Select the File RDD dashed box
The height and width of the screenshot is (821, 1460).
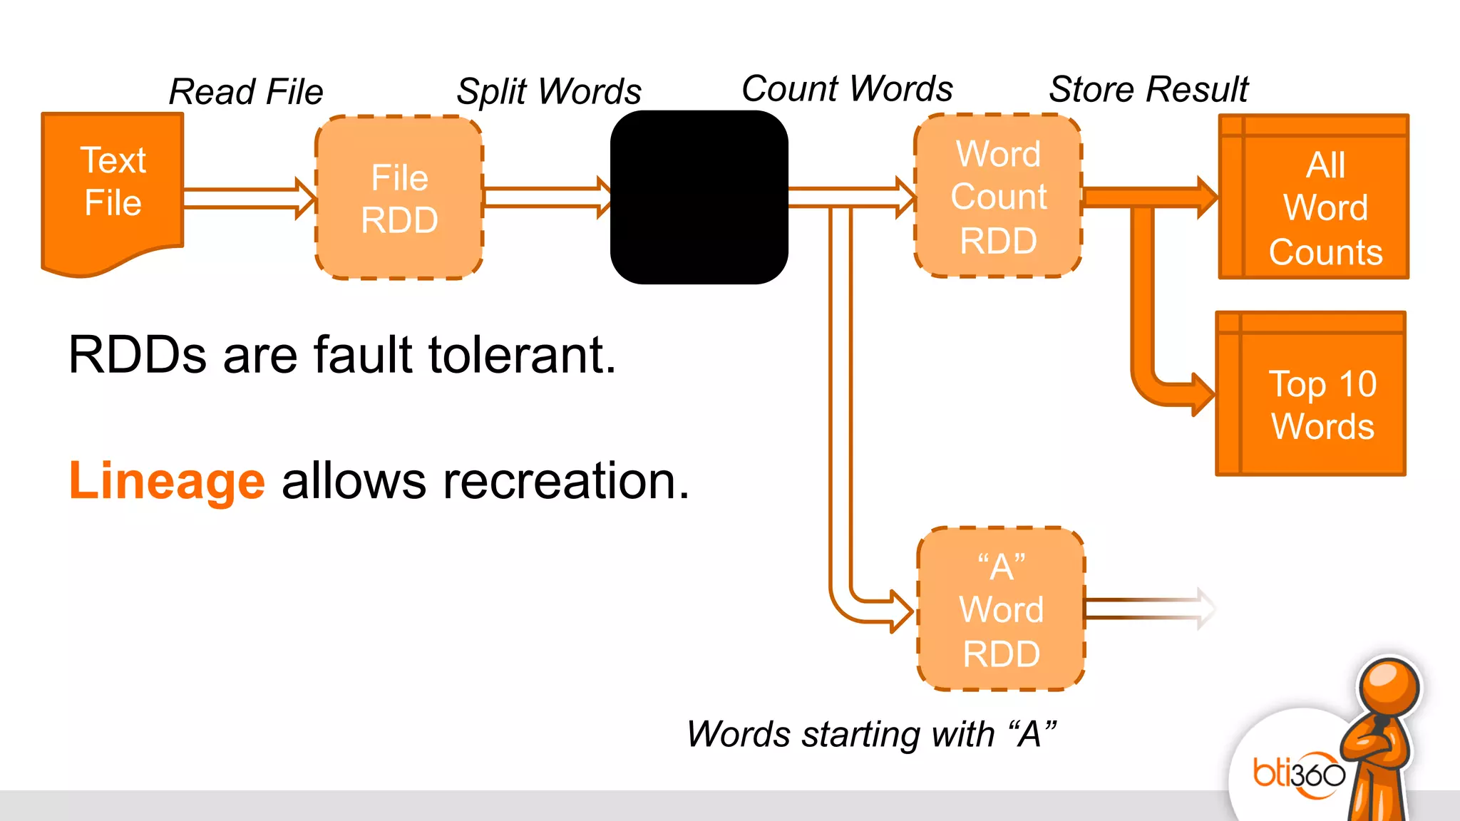(x=399, y=198)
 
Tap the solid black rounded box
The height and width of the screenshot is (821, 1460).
(x=699, y=197)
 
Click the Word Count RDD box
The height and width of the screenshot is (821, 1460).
(x=998, y=196)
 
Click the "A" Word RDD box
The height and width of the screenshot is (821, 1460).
(x=1001, y=609)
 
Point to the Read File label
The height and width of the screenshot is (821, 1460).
(x=246, y=92)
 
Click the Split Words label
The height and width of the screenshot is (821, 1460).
(x=549, y=91)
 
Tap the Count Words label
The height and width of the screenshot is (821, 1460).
(x=847, y=89)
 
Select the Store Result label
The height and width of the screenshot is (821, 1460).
(x=1148, y=90)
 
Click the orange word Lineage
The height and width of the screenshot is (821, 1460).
(x=167, y=481)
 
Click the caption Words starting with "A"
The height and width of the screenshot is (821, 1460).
(x=871, y=734)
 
